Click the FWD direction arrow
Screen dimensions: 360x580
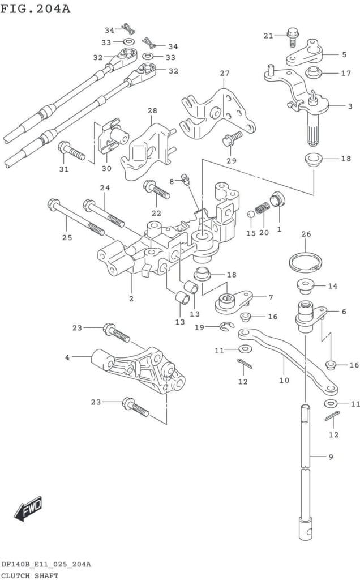click(x=28, y=509)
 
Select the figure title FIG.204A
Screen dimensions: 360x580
click(x=35, y=8)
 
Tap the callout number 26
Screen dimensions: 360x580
click(x=306, y=234)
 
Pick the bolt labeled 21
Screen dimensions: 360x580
click(x=293, y=37)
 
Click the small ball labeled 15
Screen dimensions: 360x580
click(x=250, y=215)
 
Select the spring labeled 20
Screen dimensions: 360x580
click(x=263, y=208)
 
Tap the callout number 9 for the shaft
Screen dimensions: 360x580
click(x=331, y=457)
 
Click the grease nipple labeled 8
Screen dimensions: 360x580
click(x=186, y=178)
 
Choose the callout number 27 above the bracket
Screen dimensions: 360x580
click(x=225, y=74)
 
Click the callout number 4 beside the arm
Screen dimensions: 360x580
click(x=67, y=358)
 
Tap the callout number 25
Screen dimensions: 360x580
click(x=67, y=237)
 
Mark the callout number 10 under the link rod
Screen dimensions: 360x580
click(x=284, y=380)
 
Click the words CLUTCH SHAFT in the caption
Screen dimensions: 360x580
click(x=30, y=575)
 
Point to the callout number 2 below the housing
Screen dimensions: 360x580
click(x=131, y=298)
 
